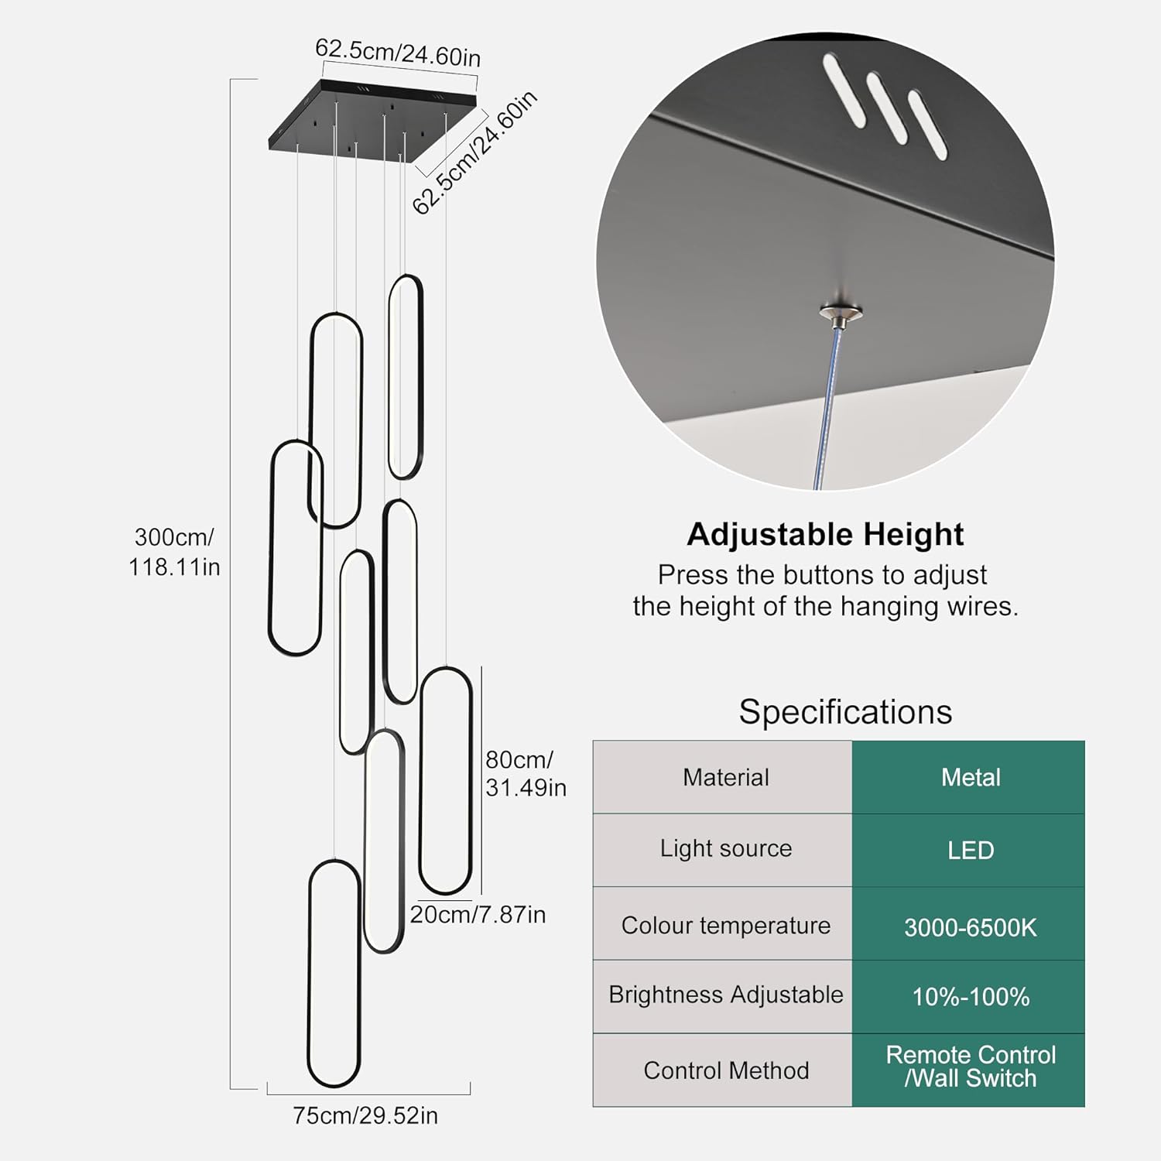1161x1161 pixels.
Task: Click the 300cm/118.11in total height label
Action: (x=174, y=552)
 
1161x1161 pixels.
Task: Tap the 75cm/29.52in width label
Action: (x=365, y=1115)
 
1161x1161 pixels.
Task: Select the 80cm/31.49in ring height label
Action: (x=526, y=773)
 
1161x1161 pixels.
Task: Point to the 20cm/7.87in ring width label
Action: (x=478, y=914)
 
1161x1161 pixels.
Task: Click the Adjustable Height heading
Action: (x=825, y=534)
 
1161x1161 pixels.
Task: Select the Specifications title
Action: (x=845, y=711)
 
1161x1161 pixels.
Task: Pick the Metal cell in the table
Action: (x=970, y=777)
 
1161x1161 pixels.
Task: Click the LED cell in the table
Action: (x=970, y=850)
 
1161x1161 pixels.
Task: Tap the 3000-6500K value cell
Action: (x=970, y=926)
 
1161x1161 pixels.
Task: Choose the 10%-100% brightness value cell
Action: (x=970, y=996)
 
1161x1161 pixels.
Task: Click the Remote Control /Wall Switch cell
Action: (x=970, y=1067)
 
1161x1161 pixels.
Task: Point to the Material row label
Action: (x=725, y=777)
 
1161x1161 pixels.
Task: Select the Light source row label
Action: (x=725, y=848)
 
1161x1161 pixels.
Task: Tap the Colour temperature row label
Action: (x=725, y=925)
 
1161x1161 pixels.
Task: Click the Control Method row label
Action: (x=725, y=1070)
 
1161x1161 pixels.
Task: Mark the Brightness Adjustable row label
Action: (x=725, y=995)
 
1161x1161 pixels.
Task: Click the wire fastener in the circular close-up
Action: (x=841, y=313)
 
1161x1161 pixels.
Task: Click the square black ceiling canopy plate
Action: (x=372, y=120)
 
